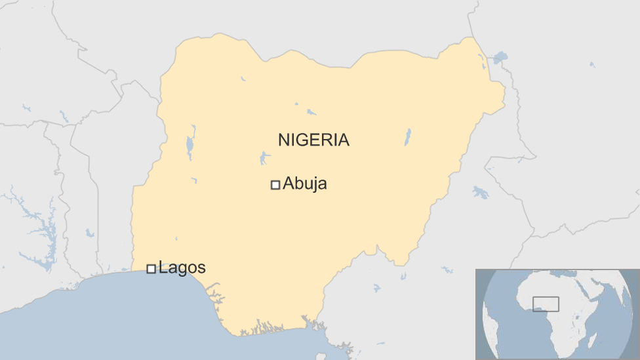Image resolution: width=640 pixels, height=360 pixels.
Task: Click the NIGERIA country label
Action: tap(313, 140)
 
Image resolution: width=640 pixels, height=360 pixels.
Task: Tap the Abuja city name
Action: tap(304, 184)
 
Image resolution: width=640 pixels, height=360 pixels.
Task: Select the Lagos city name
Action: tap(182, 268)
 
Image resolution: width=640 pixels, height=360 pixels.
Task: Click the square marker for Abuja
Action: tap(275, 185)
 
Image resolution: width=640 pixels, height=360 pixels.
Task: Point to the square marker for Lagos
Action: tap(151, 268)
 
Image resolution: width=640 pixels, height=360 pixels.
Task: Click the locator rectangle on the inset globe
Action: tap(546, 304)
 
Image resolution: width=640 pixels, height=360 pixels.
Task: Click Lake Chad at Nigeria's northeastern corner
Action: tap(500, 58)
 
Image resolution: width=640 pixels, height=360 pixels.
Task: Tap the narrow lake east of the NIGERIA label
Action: tap(407, 137)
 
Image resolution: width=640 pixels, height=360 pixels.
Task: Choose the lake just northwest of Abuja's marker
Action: tap(264, 158)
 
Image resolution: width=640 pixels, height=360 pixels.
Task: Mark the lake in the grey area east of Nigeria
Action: tap(480, 192)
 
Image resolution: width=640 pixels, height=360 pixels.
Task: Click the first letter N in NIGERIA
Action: tap(283, 140)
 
